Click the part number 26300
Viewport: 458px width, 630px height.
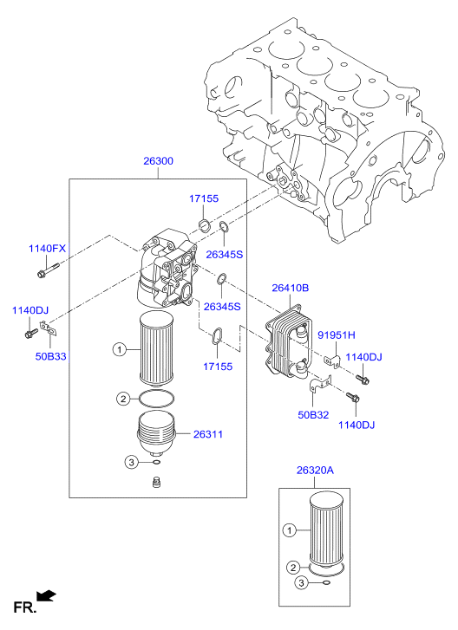(x=159, y=161)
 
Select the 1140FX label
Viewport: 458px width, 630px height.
(x=47, y=249)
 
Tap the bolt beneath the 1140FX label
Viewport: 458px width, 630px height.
(x=48, y=270)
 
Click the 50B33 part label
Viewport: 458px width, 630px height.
(x=50, y=356)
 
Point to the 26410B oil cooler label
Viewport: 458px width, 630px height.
(x=291, y=288)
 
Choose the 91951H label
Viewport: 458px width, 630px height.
(x=337, y=334)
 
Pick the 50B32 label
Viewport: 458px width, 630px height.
(x=313, y=414)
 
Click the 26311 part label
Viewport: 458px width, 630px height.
(x=208, y=434)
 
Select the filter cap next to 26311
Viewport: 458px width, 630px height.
(x=157, y=433)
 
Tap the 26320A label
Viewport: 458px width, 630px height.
(x=315, y=470)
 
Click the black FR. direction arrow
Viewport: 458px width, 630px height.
(x=46, y=595)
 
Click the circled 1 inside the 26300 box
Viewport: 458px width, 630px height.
(x=119, y=349)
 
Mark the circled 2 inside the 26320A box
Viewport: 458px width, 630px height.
(x=293, y=568)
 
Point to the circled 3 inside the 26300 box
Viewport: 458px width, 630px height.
(x=132, y=463)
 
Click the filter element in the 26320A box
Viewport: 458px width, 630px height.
(x=326, y=529)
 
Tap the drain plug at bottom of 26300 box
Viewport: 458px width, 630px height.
(x=157, y=481)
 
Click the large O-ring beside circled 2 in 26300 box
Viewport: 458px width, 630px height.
(x=157, y=399)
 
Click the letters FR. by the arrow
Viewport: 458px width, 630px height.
(x=25, y=607)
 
